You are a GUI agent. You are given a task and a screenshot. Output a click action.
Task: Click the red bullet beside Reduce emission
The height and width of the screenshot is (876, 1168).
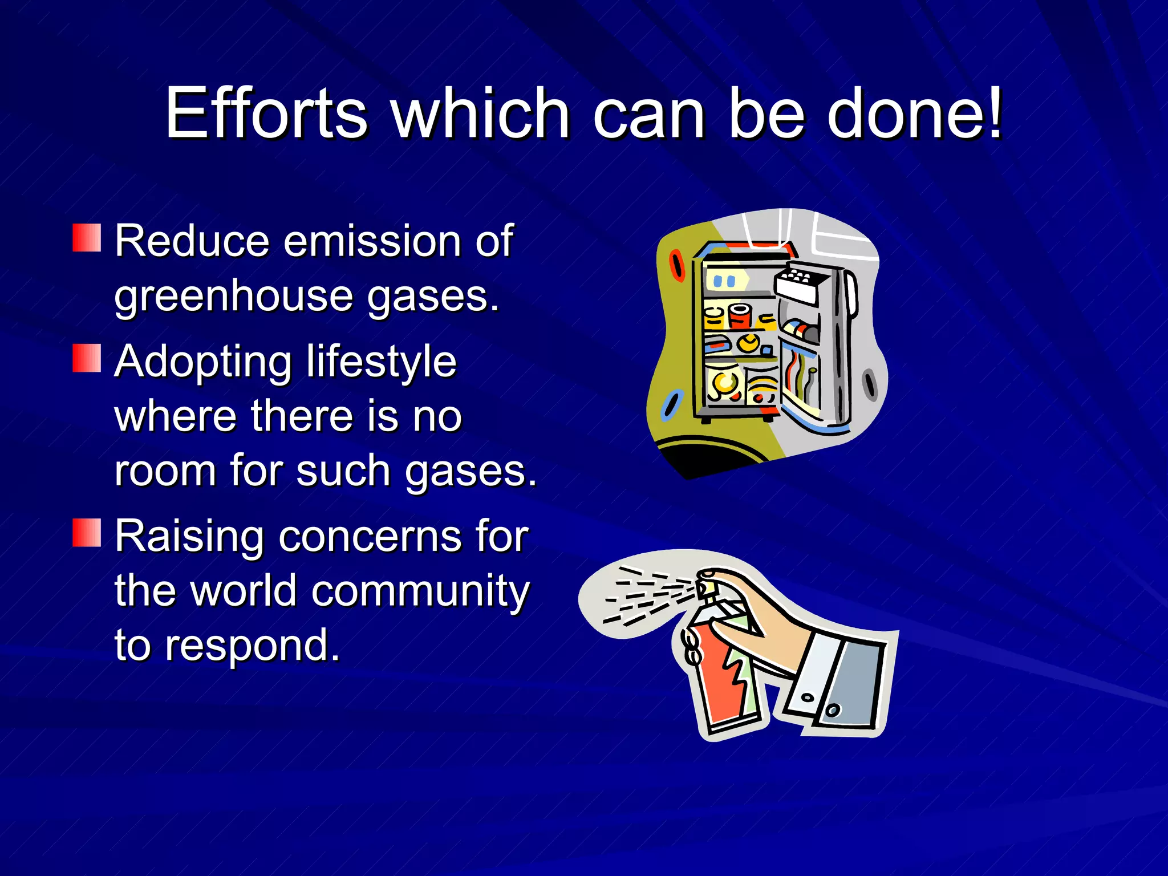[87, 238]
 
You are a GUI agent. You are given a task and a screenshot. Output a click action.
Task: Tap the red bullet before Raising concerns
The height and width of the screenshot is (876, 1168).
[87, 533]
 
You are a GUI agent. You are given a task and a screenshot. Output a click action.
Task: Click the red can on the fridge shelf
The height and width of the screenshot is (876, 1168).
[740, 317]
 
